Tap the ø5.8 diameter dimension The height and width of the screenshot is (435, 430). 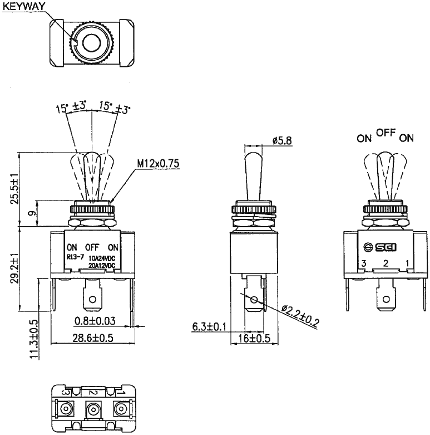point(282,141)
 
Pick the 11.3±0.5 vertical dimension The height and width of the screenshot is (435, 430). point(34,339)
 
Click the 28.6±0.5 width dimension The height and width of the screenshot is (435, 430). point(93,338)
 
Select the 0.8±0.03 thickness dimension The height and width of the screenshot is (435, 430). point(95,320)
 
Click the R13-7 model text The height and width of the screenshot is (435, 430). point(75,258)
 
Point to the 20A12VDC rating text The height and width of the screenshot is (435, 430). point(101,265)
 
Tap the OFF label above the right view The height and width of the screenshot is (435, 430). point(385,133)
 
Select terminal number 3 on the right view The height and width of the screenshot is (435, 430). point(363,263)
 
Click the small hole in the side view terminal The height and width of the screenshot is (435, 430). point(254,301)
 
